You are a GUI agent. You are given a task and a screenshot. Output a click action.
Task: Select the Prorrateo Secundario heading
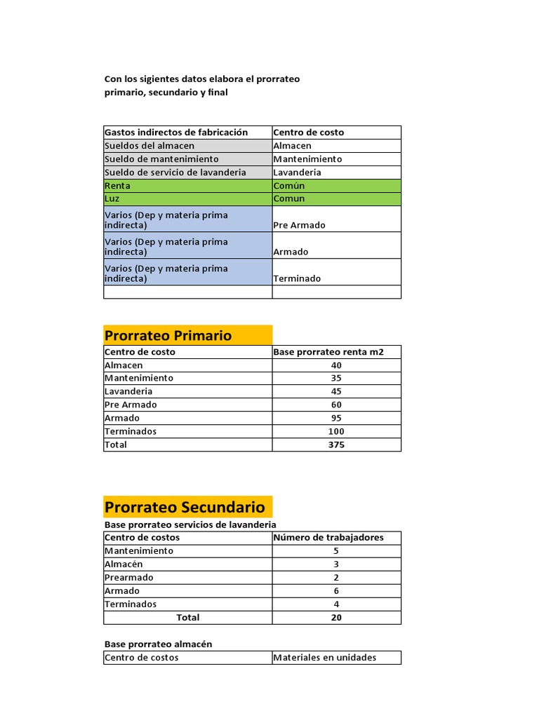[185, 507]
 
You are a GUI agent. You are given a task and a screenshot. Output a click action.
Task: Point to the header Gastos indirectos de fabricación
[176, 132]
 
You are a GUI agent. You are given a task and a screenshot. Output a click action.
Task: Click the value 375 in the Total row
[336, 445]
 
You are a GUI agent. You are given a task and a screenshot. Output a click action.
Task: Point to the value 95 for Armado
[336, 418]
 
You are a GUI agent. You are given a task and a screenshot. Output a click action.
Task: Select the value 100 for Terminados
[336, 431]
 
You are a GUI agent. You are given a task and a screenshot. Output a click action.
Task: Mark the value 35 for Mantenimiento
[336, 378]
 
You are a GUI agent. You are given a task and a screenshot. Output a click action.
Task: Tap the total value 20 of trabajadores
[336, 618]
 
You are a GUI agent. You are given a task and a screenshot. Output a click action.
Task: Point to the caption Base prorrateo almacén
[158, 644]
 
